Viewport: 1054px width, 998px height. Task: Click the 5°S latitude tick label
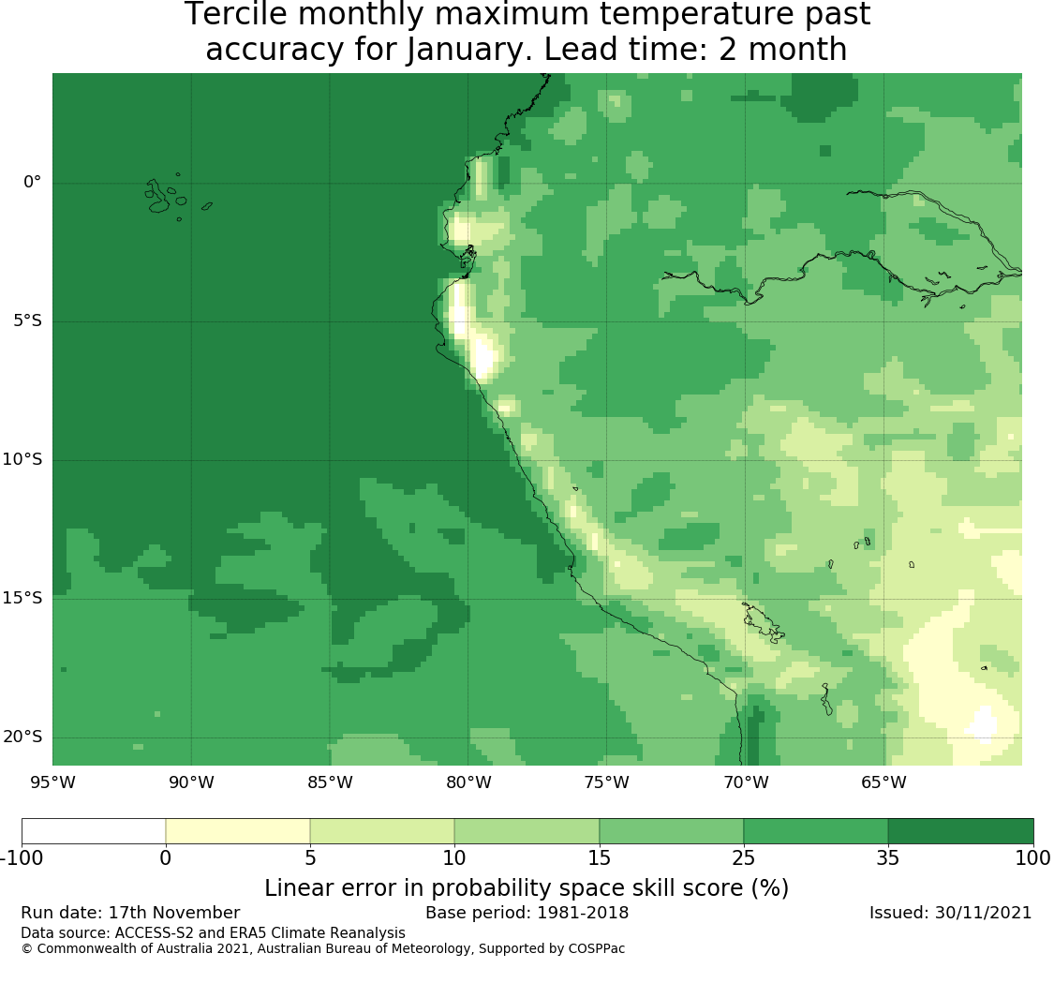pos(27,320)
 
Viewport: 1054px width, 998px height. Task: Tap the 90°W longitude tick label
pos(191,782)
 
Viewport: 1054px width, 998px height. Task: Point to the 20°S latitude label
pos(22,737)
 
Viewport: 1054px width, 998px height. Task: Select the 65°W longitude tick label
pos(883,782)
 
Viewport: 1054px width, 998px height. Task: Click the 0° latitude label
pos(32,182)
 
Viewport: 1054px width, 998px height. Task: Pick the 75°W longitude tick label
pos(607,782)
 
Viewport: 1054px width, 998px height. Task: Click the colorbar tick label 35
pos(888,857)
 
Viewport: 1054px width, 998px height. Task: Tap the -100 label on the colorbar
pos(22,857)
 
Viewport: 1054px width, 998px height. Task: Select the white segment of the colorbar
pos(94,830)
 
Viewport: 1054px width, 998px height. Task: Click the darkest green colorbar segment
pos(960,830)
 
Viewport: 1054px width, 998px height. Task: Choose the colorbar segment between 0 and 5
pos(238,830)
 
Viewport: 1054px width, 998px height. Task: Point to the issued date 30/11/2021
pos(983,913)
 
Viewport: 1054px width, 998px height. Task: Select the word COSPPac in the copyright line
pos(596,949)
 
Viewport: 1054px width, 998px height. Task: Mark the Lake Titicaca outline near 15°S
pos(763,622)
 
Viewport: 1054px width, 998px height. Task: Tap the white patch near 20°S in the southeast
pos(984,724)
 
